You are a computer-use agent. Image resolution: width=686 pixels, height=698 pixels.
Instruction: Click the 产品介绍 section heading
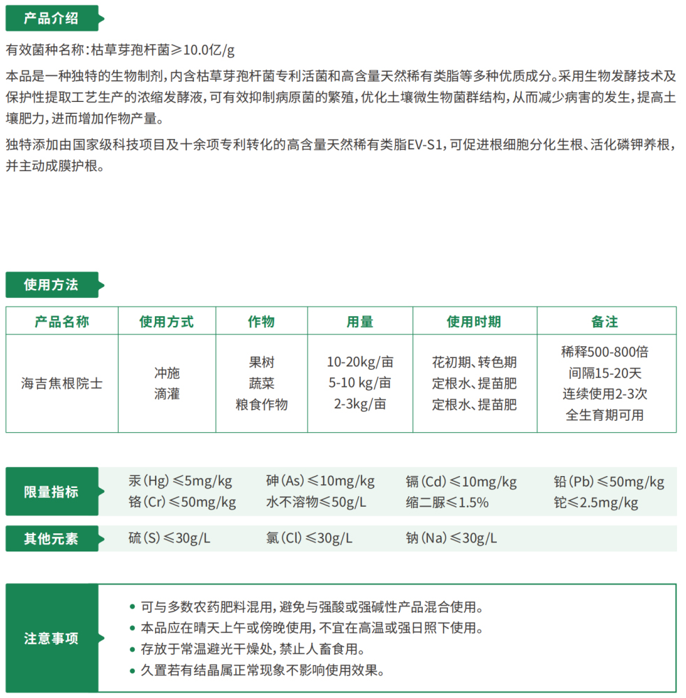click(51, 18)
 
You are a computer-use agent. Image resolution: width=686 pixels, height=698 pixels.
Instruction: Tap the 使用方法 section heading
click(51, 285)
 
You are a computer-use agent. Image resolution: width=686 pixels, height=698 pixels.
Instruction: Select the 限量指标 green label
click(51, 491)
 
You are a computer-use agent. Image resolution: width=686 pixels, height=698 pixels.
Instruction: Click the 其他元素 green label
click(51, 538)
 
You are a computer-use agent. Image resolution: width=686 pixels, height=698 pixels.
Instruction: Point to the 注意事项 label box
click(51, 638)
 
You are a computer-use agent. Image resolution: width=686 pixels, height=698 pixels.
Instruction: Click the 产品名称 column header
click(62, 321)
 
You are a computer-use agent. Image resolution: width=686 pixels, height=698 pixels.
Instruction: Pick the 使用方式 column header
click(167, 321)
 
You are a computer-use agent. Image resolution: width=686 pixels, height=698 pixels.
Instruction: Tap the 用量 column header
click(359, 321)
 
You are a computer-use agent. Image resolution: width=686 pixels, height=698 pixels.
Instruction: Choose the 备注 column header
click(605, 321)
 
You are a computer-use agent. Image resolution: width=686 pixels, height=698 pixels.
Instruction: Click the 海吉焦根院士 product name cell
click(62, 384)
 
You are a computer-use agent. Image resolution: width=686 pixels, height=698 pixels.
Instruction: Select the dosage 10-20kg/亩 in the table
click(359, 362)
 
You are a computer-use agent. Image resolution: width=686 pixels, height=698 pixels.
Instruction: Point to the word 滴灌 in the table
click(167, 394)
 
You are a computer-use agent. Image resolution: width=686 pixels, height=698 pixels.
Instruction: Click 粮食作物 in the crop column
click(261, 405)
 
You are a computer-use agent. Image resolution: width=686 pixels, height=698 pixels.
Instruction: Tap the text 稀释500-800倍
click(605, 352)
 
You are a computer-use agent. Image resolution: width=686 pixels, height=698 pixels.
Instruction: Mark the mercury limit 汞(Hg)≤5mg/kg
click(180, 481)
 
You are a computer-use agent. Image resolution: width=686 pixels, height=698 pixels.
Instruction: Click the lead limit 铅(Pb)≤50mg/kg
click(608, 482)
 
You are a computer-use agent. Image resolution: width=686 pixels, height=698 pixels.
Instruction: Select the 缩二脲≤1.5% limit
click(447, 503)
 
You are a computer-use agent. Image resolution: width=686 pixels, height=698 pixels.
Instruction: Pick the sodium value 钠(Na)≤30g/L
click(452, 538)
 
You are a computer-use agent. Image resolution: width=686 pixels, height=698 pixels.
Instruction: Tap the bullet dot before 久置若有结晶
click(133, 671)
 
